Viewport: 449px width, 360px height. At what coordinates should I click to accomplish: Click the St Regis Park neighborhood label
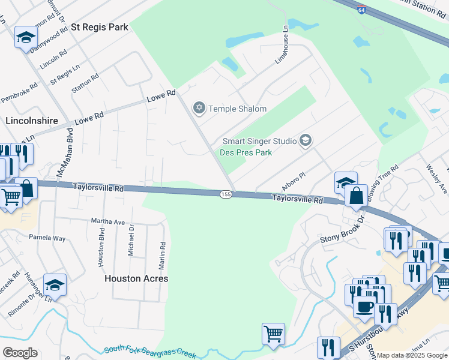coord(100,28)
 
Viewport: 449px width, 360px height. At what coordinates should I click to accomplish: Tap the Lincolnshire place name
coord(31,121)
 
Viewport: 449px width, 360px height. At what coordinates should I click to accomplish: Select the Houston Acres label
coord(136,278)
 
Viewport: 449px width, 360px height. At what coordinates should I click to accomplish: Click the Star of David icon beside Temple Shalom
coord(199,109)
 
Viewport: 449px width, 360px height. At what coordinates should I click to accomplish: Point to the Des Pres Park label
coord(247,152)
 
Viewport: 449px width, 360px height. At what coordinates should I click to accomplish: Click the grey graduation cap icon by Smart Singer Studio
coord(306,141)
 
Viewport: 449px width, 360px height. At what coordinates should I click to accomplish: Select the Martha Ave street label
coord(108,221)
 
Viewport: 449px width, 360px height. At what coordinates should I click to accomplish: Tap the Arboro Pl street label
coord(294,180)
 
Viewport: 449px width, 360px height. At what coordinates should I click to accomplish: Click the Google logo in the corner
coord(20,353)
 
